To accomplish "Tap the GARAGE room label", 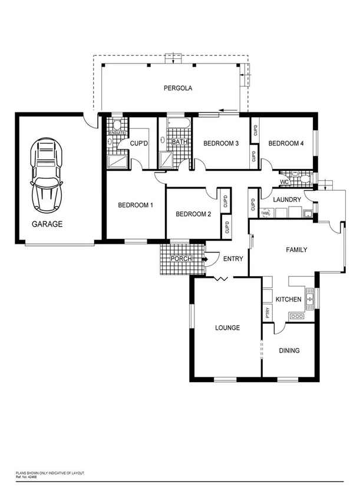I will coord(47,224).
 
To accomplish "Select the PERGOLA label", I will coord(178,88).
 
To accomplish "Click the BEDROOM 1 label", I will coord(136,205).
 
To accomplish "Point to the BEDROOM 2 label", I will coord(193,214).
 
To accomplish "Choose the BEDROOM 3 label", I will coord(220,143).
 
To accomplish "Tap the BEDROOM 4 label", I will coord(286,143).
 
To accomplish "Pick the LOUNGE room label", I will coord(227,328).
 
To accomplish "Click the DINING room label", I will coord(289,350).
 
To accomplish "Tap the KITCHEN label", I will coord(289,300).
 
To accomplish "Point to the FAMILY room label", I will coord(296,250).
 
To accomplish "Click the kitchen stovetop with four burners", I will coord(296,316).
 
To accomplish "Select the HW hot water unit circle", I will coord(265,213).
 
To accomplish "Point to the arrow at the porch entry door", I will coord(206,258).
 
